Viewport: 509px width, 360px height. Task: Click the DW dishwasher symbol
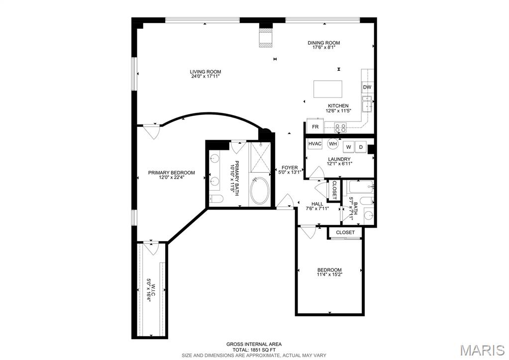[x=367, y=87]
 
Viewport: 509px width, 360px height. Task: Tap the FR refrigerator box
[x=315, y=126]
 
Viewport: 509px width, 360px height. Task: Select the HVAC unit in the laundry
[x=315, y=143]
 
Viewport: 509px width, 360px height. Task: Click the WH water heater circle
[x=333, y=143]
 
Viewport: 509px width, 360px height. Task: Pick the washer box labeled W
[x=349, y=147]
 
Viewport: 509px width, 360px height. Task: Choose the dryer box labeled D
[x=361, y=147]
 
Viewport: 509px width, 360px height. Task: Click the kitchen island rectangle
[x=328, y=89]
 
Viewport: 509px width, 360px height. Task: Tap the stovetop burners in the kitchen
[x=340, y=127]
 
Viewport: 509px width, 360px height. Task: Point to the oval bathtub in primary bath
[x=260, y=191]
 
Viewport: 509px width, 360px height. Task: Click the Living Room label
[x=205, y=72]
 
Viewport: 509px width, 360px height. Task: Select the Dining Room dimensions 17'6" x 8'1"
[x=323, y=47]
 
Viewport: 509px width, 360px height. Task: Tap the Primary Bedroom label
[x=171, y=172]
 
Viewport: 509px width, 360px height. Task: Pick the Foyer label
[x=290, y=168]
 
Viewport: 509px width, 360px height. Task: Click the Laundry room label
[x=339, y=159]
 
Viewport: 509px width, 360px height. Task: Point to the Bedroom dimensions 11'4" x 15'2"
[x=329, y=274]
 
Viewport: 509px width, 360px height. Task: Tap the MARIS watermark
[x=483, y=350]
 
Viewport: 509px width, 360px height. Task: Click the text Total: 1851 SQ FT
[x=254, y=350]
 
